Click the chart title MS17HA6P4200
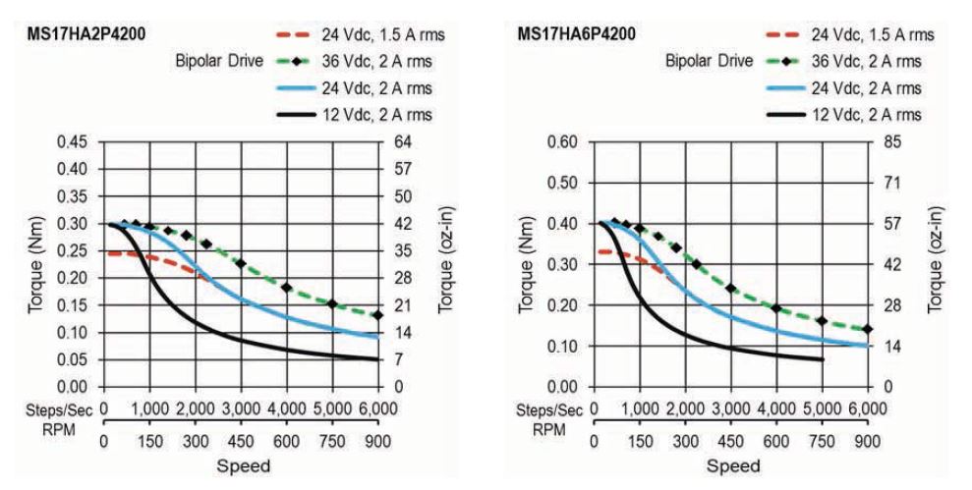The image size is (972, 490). click(x=576, y=35)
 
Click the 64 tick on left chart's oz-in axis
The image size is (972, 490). click(x=403, y=142)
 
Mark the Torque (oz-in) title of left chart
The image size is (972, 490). click(x=445, y=264)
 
